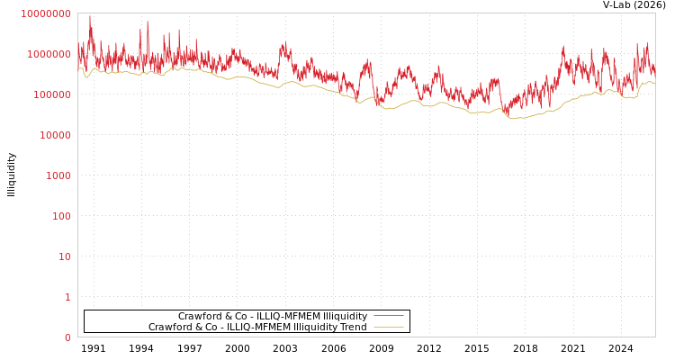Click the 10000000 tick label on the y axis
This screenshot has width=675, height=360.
tap(45, 13)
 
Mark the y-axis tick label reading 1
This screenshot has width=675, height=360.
tap(67, 297)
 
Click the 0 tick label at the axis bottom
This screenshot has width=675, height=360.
tap(67, 337)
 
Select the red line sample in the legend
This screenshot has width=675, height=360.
tap(388, 316)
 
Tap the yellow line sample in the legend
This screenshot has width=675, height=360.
tap(388, 327)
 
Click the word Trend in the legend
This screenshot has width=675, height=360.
tap(351, 328)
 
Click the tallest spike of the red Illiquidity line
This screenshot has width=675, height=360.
tap(89, 16)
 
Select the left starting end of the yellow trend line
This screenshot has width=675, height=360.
tap(78, 68)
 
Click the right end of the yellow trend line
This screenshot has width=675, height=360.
tap(654, 83)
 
